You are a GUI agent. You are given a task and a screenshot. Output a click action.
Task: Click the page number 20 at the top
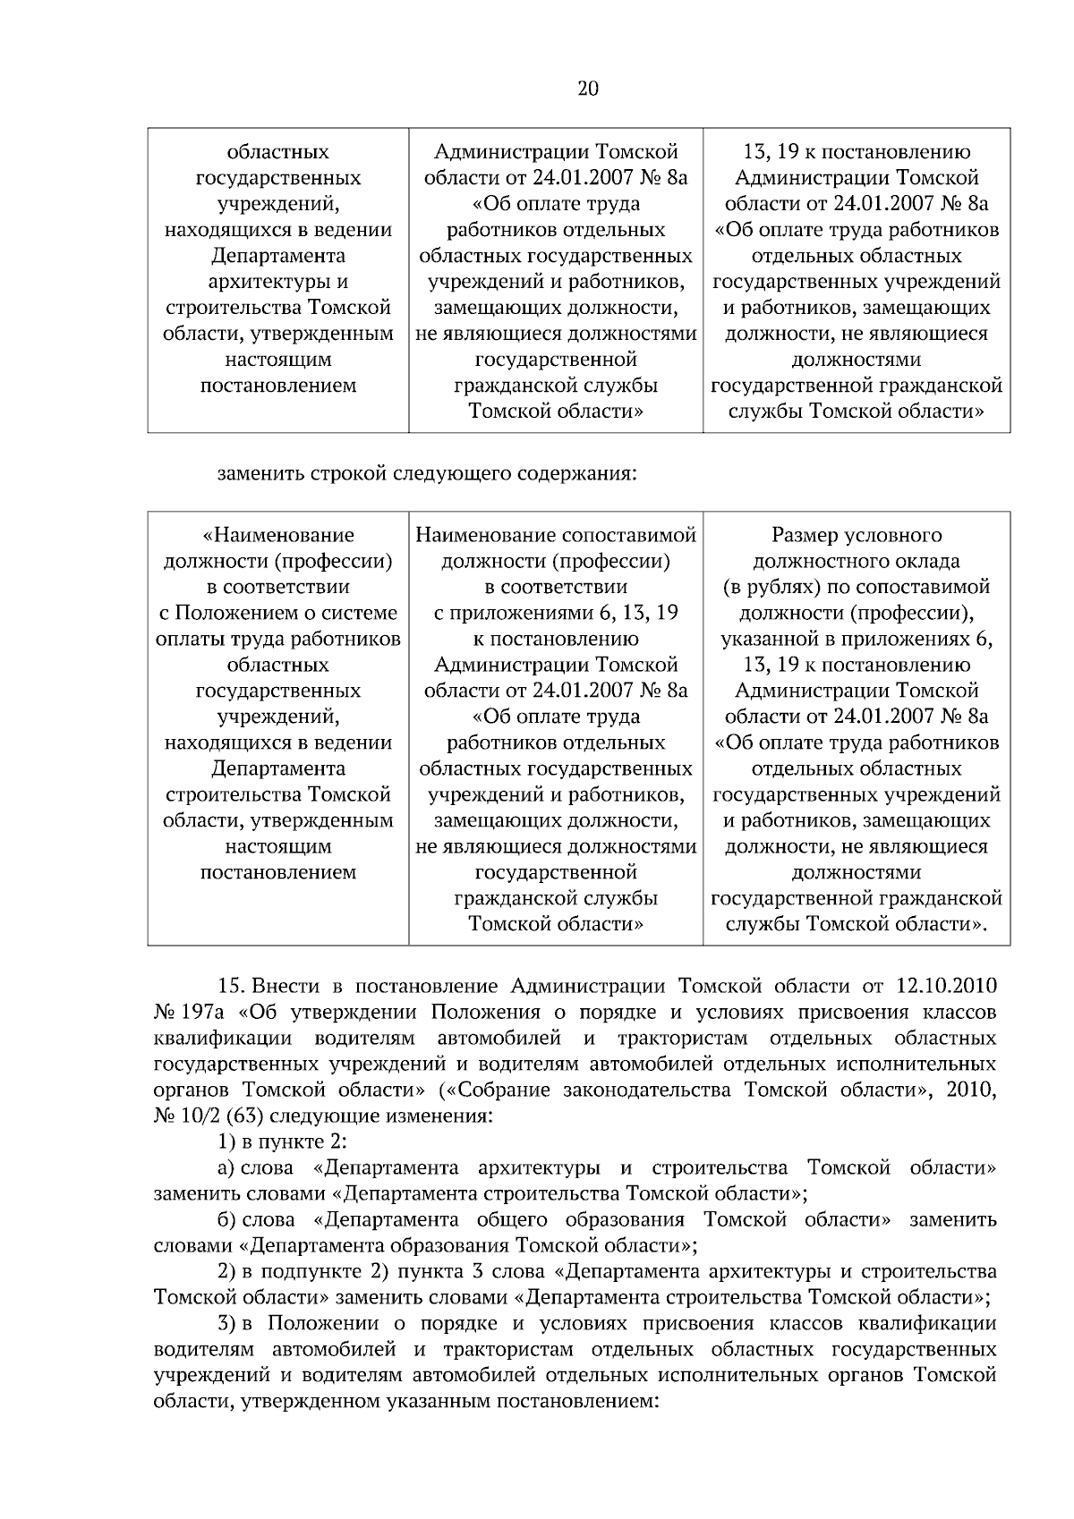click(588, 89)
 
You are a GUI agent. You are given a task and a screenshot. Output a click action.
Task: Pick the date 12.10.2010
click(945, 987)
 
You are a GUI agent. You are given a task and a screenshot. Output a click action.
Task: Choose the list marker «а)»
click(226, 1168)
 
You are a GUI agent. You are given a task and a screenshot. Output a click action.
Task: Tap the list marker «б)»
click(226, 1220)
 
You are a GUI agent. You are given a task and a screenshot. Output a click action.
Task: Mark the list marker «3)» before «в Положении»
click(226, 1324)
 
